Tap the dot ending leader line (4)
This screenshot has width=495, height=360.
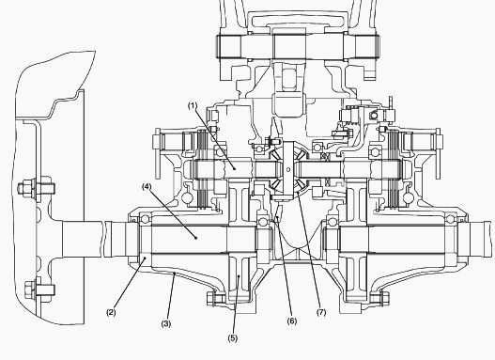tap(195, 239)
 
